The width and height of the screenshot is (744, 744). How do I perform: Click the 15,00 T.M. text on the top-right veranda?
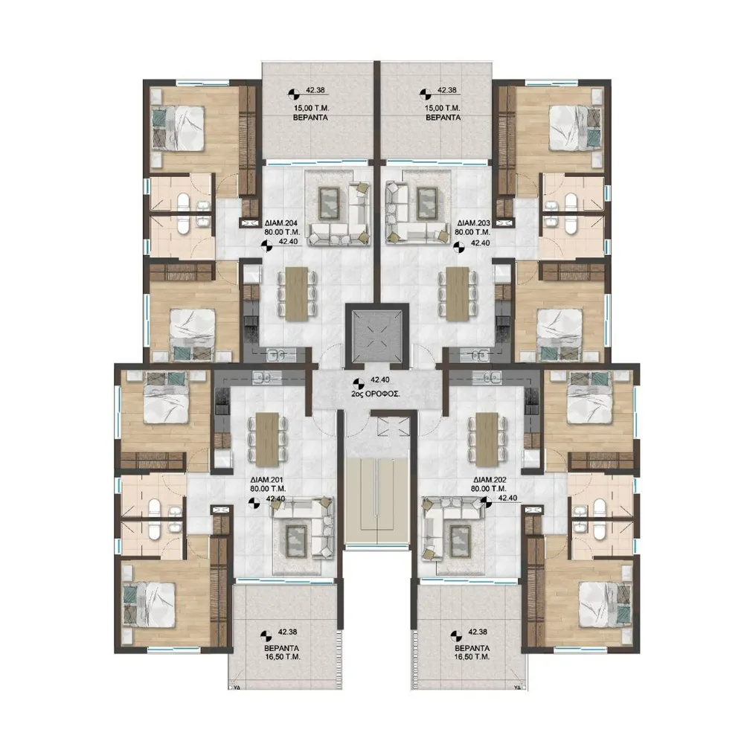(x=443, y=109)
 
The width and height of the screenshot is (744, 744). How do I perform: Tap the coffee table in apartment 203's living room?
(x=427, y=202)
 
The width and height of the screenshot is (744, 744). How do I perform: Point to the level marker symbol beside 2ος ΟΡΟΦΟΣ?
(x=357, y=382)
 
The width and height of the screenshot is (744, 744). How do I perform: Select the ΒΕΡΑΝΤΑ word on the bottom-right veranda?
(x=472, y=648)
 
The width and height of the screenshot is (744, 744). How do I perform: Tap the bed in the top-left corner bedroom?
(x=179, y=128)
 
